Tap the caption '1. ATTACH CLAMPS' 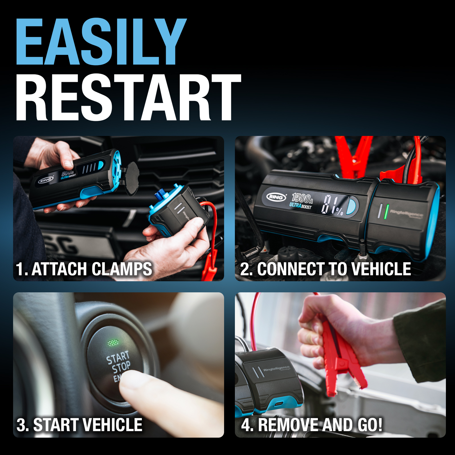84,269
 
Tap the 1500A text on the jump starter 302,198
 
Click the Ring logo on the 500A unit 46,180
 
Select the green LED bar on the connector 386,212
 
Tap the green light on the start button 113,342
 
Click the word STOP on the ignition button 121,367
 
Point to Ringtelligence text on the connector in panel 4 276,369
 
